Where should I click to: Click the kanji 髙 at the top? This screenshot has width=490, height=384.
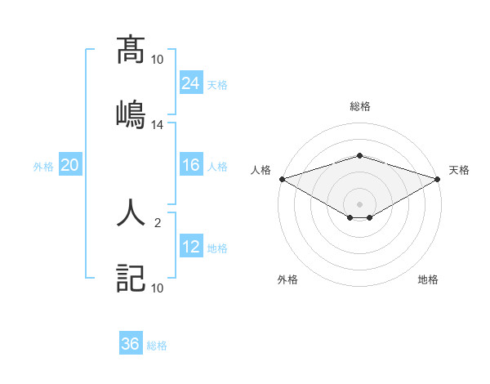[131, 51]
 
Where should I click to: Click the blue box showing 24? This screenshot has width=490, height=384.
[191, 83]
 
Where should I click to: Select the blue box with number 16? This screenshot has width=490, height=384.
[191, 165]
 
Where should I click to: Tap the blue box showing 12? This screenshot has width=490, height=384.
[191, 248]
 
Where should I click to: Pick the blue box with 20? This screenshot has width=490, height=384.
[70, 165]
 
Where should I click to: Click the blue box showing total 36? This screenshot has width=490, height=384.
[131, 344]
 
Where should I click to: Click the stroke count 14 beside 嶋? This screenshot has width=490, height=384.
[158, 125]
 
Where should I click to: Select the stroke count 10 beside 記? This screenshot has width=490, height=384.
[158, 288]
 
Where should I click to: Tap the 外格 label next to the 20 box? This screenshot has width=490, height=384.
[43, 166]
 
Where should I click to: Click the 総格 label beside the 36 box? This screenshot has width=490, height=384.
[157, 346]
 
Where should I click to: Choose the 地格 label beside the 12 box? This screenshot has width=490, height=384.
[217, 248]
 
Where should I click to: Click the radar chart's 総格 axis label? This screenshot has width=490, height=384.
[359, 106]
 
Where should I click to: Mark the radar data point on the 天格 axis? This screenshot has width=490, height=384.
[439, 179]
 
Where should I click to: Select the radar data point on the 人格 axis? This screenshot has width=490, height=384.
[281, 179]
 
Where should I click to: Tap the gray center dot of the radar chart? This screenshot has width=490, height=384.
[359, 203]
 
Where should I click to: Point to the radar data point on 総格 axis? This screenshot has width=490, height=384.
[359, 155]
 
